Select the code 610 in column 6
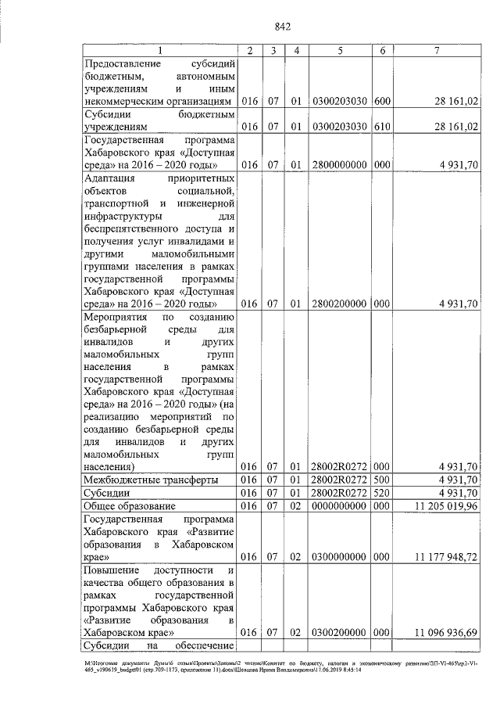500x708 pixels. tap(382, 126)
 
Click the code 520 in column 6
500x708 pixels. tap(382, 493)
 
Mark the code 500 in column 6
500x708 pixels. tap(382, 480)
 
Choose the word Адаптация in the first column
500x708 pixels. tap(109, 178)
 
